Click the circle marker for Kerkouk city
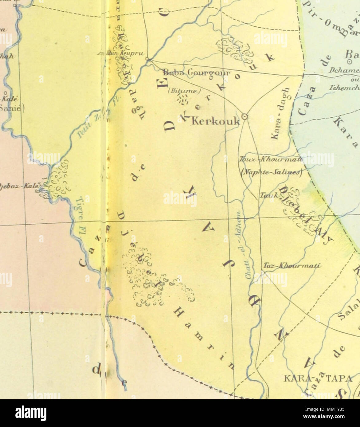click(x=245, y=116)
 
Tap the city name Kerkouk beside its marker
click(x=215, y=121)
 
